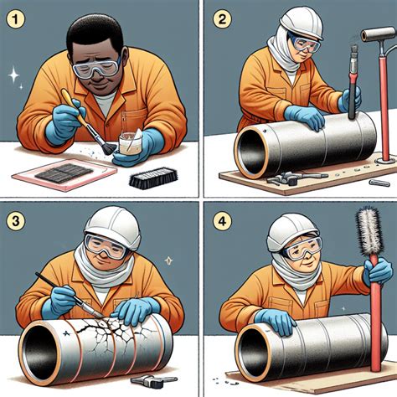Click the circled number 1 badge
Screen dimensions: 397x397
(x=15, y=18)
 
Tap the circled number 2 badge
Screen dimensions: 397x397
(x=222, y=18)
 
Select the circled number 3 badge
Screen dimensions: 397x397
(x=15, y=221)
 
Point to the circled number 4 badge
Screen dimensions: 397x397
(x=222, y=221)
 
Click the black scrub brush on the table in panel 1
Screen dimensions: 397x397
(x=154, y=178)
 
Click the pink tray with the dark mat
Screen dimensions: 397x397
(x=64, y=174)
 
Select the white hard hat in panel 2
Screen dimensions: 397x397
(x=302, y=23)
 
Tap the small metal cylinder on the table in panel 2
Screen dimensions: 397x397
(x=379, y=183)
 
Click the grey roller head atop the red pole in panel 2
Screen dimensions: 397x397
(x=378, y=34)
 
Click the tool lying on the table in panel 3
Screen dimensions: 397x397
(x=153, y=381)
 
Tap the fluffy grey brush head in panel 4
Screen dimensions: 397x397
(x=369, y=231)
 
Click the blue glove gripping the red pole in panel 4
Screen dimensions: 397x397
(x=378, y=271)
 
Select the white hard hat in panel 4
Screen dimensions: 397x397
(x=294, y=232)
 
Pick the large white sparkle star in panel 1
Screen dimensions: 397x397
(x=13, y=74)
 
